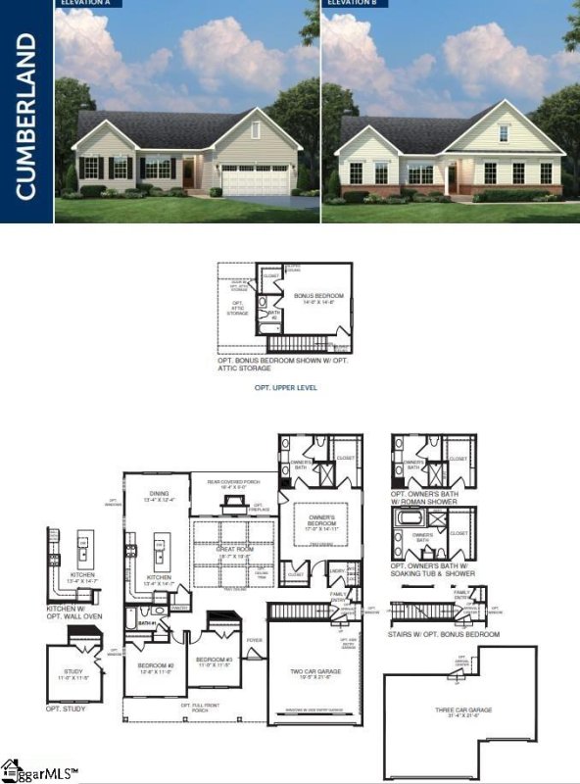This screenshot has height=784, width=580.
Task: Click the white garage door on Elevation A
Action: [x=255, y=179]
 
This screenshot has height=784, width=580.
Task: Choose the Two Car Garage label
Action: [x=314, y=674]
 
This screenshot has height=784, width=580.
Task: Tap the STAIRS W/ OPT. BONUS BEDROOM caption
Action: [x=444, y=634]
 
